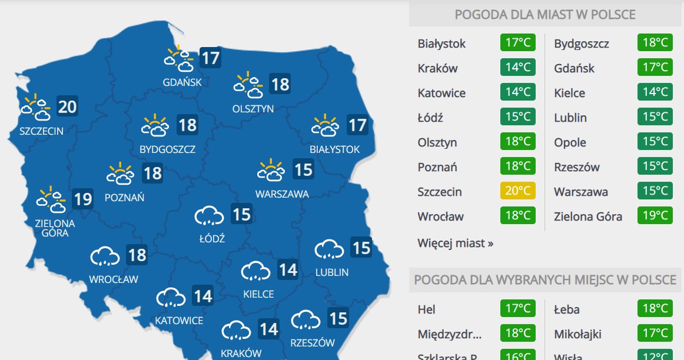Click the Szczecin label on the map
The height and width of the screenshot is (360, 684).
click(x=41, y=131)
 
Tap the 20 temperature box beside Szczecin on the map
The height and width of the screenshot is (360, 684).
click(x=68, y=106)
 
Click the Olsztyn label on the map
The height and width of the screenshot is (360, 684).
click(x=253, y=109)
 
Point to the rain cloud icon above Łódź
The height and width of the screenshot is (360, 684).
click(x=210, y=216)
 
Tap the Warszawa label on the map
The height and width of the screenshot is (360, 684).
click(x=281, y=194)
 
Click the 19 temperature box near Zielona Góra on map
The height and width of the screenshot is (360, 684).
click(x=83, y=199)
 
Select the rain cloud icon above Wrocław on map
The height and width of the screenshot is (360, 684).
click(x=105, y=256)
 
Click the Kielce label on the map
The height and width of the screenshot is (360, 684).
click(x=258, y=294)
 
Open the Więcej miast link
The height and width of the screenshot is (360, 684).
click(x=455, y=242)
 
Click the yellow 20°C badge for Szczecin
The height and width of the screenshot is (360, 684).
click(x=518, y=191)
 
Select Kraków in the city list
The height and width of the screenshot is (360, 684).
click(x=437, y=68)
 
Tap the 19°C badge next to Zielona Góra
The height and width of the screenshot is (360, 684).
click(x=655, y=216)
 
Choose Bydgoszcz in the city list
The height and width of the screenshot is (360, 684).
click(x=581, y=44)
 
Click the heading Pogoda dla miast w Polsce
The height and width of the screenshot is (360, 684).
click(x=545, y=14)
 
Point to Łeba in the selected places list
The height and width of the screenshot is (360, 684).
click(x=566, y=309)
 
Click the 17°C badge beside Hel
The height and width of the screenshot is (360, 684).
click(x=518, y=309)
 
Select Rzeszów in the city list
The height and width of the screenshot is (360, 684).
click(x=576, y=167)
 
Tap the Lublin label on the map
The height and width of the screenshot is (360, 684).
click(x=331, y=272)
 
